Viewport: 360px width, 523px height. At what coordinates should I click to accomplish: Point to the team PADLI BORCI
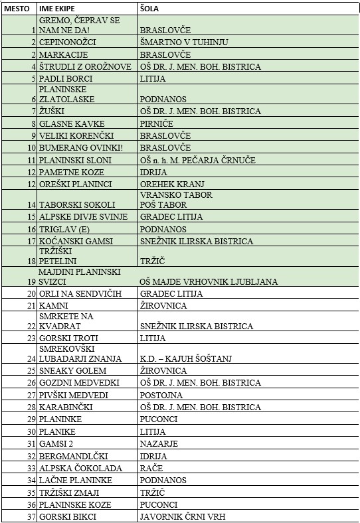point(66,78)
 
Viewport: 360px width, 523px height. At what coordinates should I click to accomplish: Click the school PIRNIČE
point(157,123)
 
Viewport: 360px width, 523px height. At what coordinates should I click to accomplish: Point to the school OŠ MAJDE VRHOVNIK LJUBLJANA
point(209,281)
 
